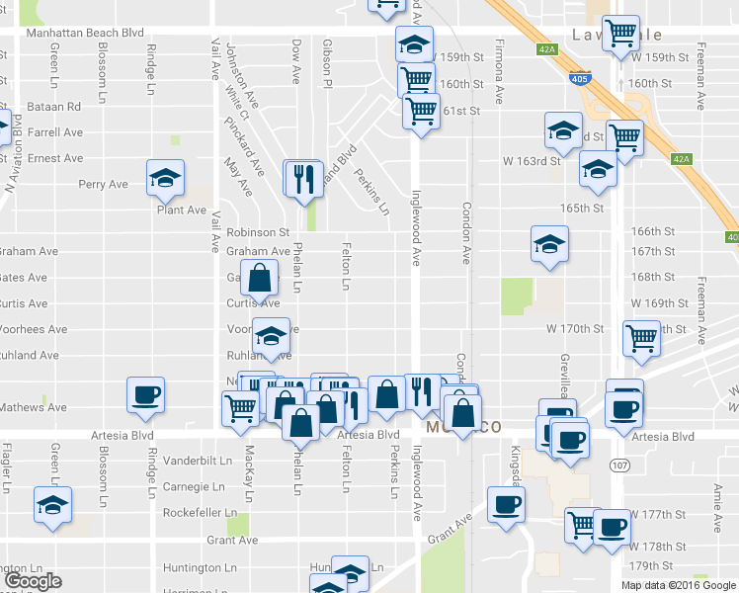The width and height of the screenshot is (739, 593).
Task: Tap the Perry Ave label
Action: pos(104,184)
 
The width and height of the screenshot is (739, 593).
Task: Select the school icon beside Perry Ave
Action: pos(165,178)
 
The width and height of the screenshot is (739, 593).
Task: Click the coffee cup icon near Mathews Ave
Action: pos(145,394)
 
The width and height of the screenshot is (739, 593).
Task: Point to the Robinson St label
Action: pos(256,232)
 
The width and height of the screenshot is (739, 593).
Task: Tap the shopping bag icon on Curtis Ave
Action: pos(259,280)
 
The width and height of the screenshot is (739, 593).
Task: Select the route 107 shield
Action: pos(619,464)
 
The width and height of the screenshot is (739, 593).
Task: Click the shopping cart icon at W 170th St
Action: pos(641,338)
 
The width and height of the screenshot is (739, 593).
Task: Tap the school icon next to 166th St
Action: pos(549,244)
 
